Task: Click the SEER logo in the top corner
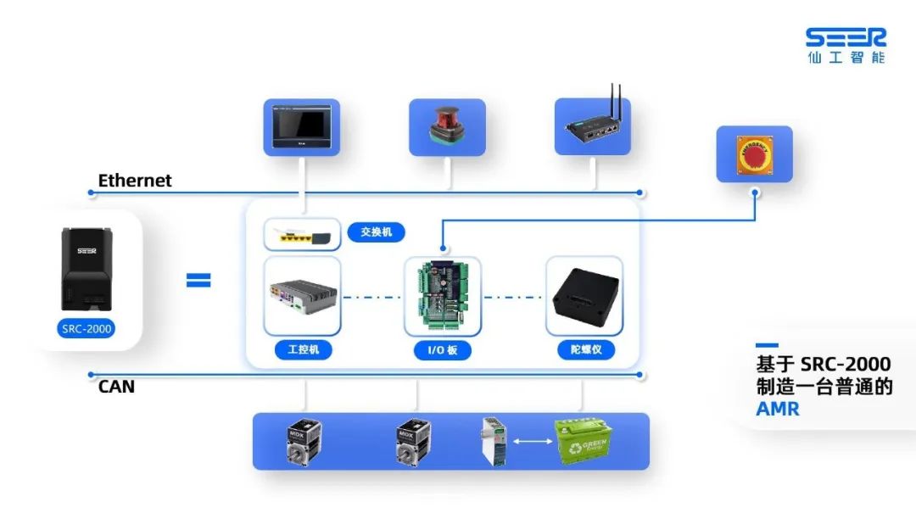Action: point(846,45)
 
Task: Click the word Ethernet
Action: point(135,181)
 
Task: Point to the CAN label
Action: point(116,387)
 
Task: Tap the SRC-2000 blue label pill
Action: point(87,328)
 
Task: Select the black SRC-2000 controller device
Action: point(87,268)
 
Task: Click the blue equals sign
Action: point(198,280)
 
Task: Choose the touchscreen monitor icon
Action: point(301,127)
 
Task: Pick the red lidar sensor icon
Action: point(447,127)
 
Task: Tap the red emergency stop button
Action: point(754,154)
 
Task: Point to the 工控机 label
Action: point(303,349)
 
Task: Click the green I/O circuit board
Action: point(442,296)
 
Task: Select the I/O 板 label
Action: point(442,349)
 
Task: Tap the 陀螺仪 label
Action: point(585,349)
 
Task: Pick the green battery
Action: point(585,441)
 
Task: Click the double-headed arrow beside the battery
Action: point(531,441)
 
